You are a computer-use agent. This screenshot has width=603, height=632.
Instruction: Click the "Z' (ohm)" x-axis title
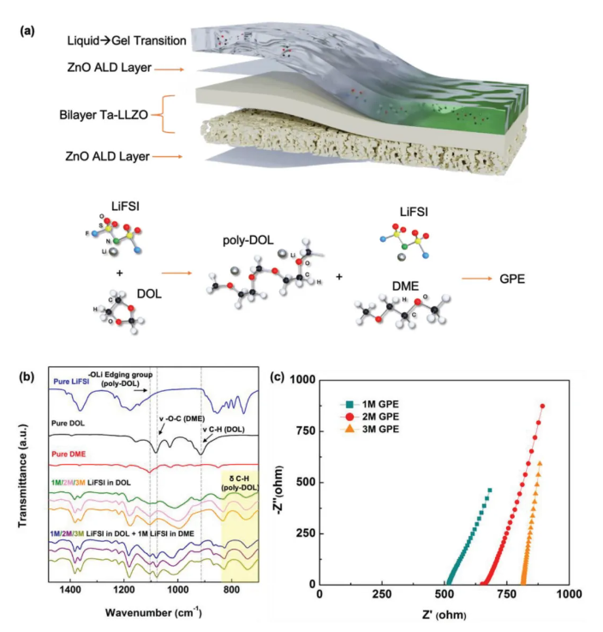point(444,614)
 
